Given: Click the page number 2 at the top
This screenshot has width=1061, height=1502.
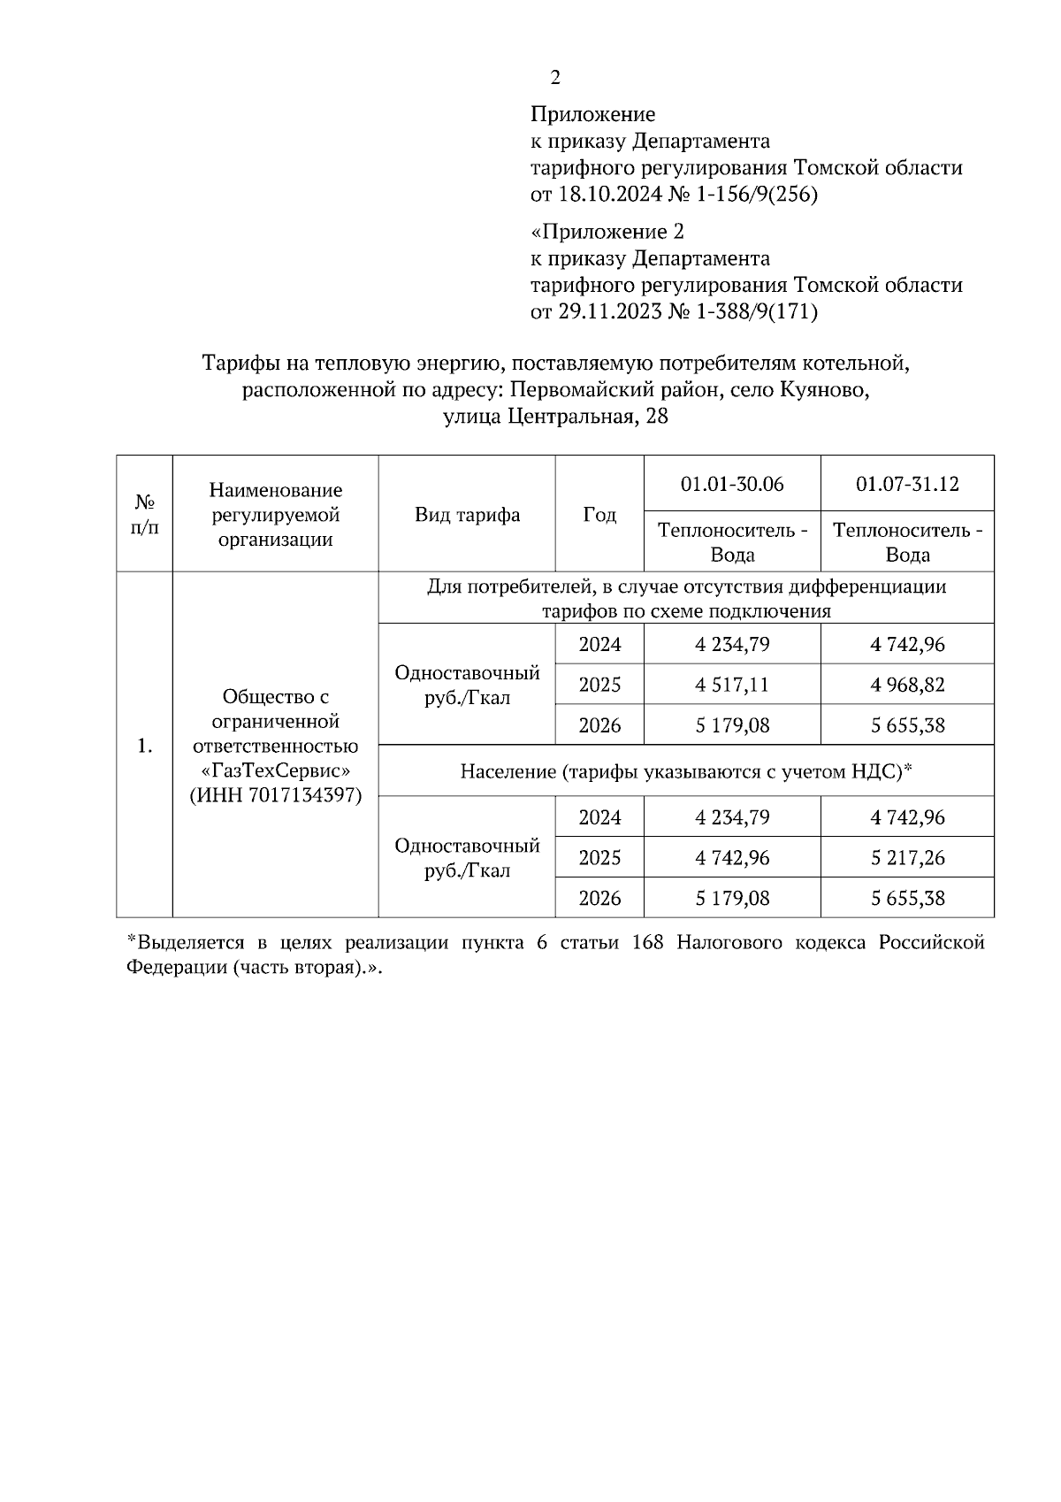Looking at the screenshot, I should pos(555,79).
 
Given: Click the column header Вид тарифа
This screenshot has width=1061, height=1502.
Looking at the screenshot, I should pos(467,515).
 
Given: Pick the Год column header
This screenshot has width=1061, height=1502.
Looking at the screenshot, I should pos(599,515).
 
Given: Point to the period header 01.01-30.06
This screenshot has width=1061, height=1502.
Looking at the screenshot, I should pos(732,484).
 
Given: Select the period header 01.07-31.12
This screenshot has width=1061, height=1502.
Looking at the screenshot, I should pos(907,484).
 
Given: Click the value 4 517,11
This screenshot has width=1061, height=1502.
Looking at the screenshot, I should pos(732,685).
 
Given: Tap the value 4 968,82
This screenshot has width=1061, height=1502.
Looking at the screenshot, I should pos(907,685).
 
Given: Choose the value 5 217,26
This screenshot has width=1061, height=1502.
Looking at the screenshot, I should pos(907,857).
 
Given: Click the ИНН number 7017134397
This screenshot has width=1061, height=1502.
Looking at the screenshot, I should pos(300,795).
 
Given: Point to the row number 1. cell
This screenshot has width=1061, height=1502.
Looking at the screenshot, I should pos(145,747).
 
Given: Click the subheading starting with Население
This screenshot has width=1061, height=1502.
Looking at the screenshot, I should pos(685,771).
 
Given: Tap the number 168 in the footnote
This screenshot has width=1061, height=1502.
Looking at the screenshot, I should pos(647,943).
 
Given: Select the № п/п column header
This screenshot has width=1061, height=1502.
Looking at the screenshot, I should pos(145,515).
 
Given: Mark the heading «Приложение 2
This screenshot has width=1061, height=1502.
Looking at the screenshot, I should pos(607,232).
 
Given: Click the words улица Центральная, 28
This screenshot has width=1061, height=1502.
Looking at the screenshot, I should pos(555,417).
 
